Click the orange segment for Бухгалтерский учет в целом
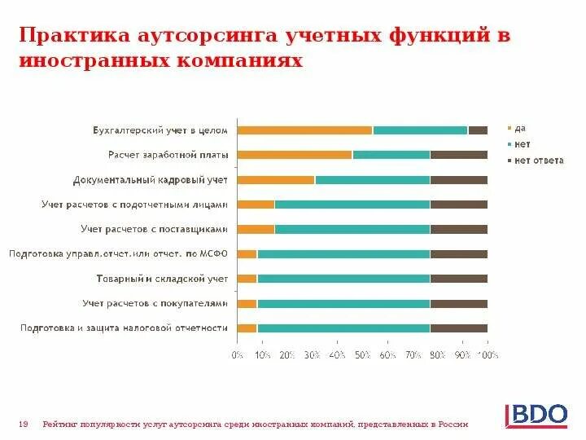[x=304, y=130]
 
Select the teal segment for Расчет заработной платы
[x=391, y=155]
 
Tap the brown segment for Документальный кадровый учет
[x=458, y=179]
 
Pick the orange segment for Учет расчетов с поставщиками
[x=256, y=229]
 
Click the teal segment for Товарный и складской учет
[x=343, y=279]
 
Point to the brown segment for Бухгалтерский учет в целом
[x=478, y=130]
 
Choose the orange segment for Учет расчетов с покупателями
[x=247, y=303]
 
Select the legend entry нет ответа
[x=538, y=161]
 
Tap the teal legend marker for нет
[x=509, y=145]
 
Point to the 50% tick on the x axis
[x=362, y=355]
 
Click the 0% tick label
[x=237, y=355]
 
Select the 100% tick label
[x=488, y=355]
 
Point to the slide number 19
[x=24, y=424]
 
